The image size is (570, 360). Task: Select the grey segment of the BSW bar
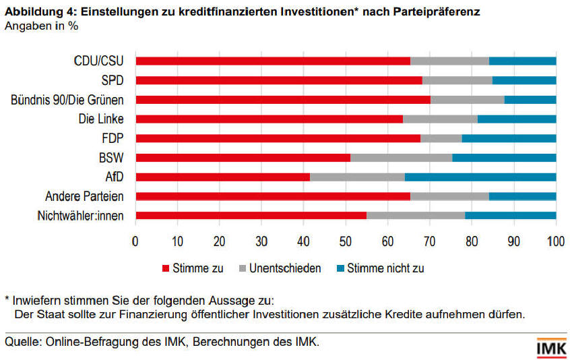401,158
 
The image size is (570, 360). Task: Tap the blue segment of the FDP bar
509,138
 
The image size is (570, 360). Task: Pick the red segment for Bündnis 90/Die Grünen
283,100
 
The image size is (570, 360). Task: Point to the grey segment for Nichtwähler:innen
416,216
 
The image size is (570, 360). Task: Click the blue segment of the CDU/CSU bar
522,61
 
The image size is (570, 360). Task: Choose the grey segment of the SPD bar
457,80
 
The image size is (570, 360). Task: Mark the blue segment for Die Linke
517,119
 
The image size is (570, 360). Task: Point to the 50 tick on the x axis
346,241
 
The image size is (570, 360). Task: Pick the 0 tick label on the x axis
135,241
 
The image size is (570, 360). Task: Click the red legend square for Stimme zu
165,268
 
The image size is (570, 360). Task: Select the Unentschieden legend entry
277,268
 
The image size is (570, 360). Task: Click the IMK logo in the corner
550,348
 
